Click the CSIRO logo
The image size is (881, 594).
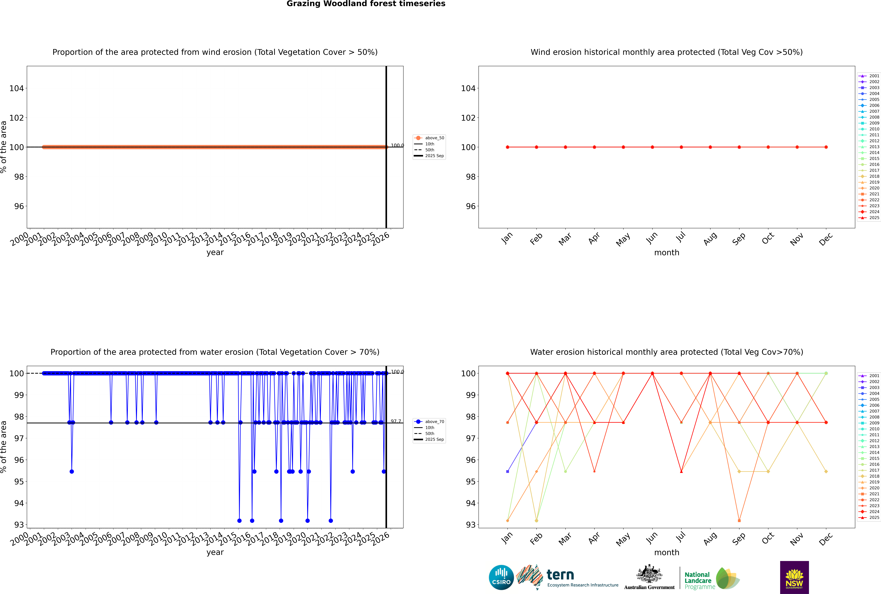tap(501, 577)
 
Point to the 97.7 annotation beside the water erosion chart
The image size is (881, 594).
tap(396, 421)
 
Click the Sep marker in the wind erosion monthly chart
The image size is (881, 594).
tap(739, 147)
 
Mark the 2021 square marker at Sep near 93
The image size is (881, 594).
tap(739, 520)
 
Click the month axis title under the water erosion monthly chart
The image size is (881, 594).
tap(667, 552)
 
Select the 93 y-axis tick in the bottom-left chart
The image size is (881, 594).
tap(19, 525)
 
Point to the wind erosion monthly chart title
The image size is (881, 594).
tap(667, 52)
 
